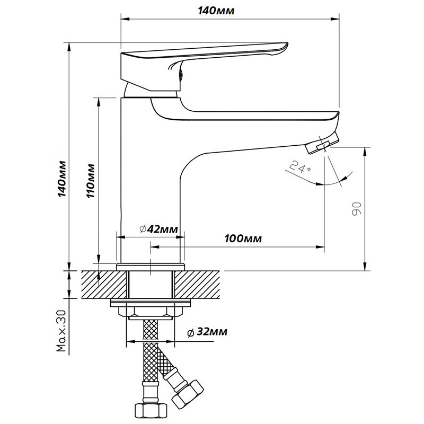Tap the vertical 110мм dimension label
[91, 182]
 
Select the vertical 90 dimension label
[356, 208]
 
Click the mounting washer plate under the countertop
[152, 304]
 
